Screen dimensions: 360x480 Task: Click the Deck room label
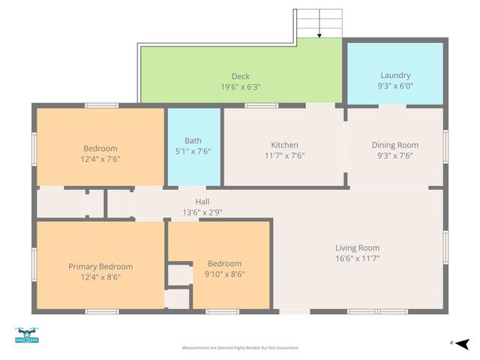click(x=240, y=76)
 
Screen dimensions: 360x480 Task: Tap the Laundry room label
click(x=395, y=75)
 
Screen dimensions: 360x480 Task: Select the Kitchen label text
click(x=284, y=145)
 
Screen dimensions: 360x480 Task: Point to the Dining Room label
click(x=395, y=145)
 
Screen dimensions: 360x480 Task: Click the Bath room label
click(x=193, y=140)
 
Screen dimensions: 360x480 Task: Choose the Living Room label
click(x=357, y=247)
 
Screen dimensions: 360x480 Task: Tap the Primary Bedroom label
click(x=100, y=266)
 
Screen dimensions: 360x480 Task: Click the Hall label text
click(x=202, y=202)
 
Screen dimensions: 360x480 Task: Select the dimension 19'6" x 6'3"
click(x=240, y=86)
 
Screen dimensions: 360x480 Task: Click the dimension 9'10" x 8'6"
click(x=224, y=274)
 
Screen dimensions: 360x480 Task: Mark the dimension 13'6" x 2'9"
click(x=202, y=212)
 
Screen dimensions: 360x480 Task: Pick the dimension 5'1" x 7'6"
click(x=193, y=151)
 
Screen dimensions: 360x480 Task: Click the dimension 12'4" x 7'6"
click(x=100, y=159)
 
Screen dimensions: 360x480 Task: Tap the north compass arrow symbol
click(x=463, y=343)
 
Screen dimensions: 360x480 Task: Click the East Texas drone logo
click(x=26, y=335)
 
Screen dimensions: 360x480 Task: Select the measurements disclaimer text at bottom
click(x=240, y=348)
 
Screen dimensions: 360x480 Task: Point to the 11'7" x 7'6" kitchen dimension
click(x=284, y=156)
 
